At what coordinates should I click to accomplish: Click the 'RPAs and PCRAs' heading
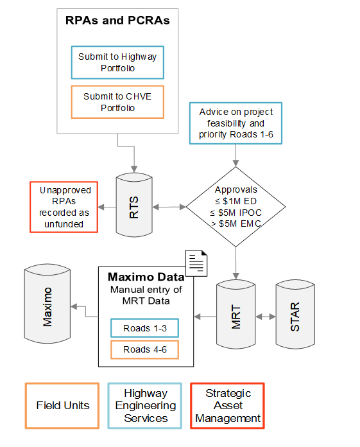[117, 21]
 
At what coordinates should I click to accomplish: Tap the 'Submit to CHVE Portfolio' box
[117, 102]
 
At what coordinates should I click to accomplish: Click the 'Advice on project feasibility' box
[236, 122]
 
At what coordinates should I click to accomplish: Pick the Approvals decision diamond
[236, 207]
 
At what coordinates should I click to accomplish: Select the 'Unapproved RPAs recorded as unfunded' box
[64, 207]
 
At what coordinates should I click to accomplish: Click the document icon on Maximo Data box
[198, 262]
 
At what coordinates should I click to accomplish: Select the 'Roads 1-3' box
[144, 328]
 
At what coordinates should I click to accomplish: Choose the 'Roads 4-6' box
[144, 350]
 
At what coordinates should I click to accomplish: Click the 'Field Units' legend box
[62, 406]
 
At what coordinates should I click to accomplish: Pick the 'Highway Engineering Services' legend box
[145, 406]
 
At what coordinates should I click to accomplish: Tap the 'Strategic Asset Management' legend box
[227, 406]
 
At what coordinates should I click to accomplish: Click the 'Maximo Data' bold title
[146, 277]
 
